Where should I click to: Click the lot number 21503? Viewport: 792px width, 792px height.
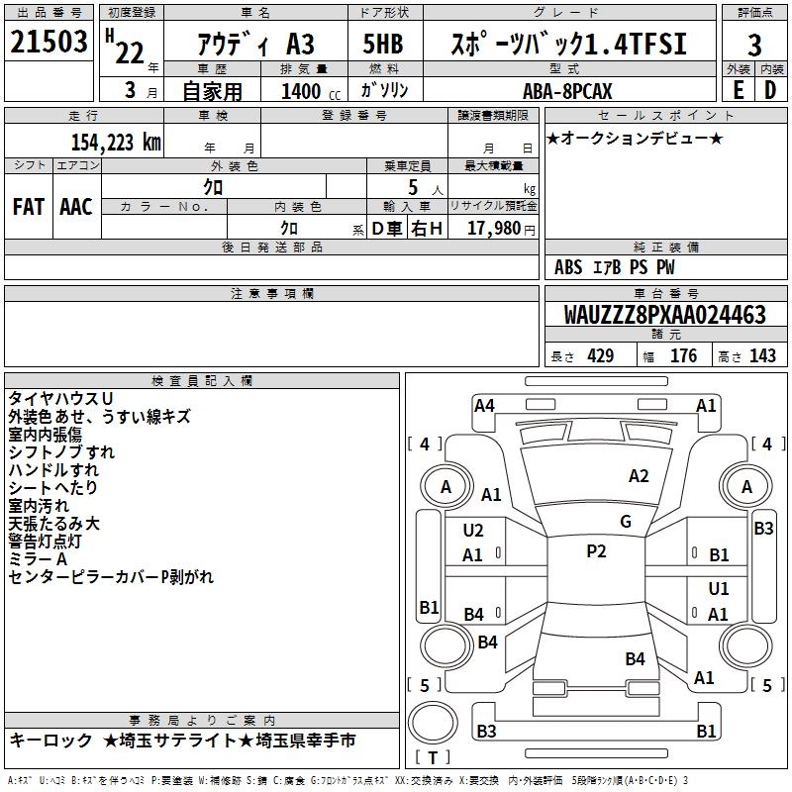coord(49,44)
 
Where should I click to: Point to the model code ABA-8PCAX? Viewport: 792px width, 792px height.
coord(567,91)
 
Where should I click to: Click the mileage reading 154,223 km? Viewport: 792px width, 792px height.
coord(115,142)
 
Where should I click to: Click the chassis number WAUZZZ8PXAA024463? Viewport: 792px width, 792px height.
coord(664,315)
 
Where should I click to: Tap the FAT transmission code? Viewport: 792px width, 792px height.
coord(29,206)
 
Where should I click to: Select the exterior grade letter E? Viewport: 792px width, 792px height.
coord(738,90)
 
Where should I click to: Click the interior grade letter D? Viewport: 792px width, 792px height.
coord(769,90)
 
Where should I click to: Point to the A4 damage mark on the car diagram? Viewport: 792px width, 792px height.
coord(484,405)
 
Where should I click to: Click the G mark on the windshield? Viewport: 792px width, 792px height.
coord(625,522)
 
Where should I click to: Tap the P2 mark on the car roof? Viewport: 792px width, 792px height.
coord(596,551)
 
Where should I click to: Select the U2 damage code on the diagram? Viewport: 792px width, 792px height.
coord(473,531)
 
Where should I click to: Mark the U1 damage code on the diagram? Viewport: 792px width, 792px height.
coord(719,589)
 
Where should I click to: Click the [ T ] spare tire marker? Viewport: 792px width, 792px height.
coord(432,758)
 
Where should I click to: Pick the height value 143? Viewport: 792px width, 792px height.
coord(762,356)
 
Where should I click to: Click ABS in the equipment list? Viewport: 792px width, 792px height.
coord(568,267)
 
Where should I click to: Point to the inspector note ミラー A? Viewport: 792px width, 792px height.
coord(37,558)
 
